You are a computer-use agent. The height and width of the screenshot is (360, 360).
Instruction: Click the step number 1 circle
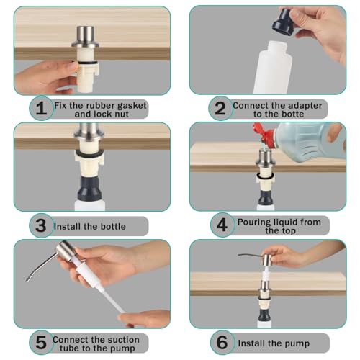(x=41, y=108)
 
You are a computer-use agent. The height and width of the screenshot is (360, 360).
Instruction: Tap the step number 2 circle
(x=220, y=108)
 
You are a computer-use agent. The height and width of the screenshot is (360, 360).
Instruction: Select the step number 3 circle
(x=41, y=225)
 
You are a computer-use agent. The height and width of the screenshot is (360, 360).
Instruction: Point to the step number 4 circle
(x=222, y=225)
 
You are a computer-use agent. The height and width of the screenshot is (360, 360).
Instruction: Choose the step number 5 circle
(x=41, y=343)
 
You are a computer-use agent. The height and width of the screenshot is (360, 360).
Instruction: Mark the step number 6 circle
(x=222, y=343)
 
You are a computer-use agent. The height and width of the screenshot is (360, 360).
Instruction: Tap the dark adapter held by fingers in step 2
(x=282, y=22)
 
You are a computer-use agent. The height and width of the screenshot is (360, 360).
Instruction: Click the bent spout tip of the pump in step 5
(x=27, y=280)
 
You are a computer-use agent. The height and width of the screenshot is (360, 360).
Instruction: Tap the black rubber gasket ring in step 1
(x=88, y=63)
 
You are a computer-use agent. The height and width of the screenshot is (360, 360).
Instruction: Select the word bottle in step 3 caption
(x=113, y=226)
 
